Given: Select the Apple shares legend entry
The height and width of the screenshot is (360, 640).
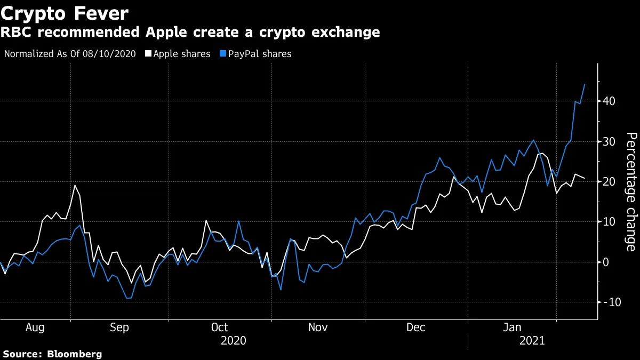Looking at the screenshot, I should tap(181, 54).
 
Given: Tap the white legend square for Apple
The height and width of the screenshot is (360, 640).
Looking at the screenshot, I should tap(149, 54).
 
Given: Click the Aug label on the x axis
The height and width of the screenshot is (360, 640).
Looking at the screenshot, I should tap(35, 327).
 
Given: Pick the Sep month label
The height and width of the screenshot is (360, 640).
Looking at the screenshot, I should tap(119, 327).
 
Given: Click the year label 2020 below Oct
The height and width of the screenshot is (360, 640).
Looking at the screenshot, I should tap(234, 340).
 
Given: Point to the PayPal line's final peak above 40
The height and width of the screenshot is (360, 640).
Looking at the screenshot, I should tap(585, 84).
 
